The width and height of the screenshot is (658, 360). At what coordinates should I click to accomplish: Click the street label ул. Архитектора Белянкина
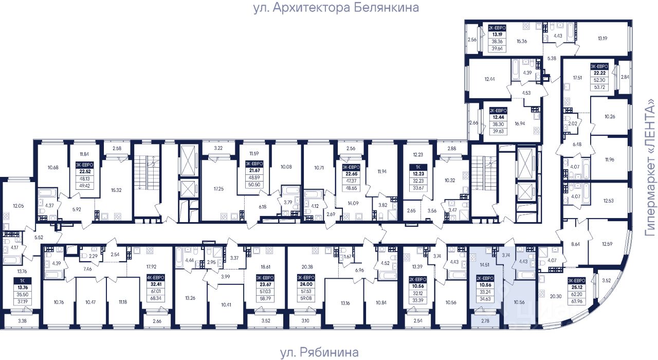336,8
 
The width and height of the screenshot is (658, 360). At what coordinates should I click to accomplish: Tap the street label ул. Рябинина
319,352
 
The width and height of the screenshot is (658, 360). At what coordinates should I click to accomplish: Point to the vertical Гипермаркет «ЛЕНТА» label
651,168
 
